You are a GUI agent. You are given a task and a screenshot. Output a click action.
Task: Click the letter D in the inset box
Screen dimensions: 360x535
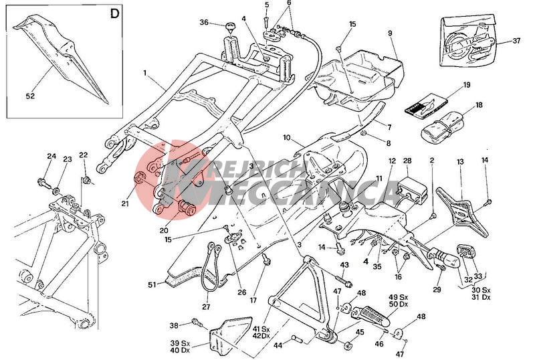coord(114,13)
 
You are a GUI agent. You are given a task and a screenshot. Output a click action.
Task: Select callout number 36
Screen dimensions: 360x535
coord(205,22)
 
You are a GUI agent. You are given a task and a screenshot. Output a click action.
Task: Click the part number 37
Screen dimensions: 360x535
coord(516,40)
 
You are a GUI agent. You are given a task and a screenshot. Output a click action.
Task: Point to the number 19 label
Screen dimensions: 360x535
coord(467,85)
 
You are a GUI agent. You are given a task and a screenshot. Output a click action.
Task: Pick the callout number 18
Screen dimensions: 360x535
coord(478,106)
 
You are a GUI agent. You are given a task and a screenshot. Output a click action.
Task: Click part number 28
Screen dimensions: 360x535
coord(407,161)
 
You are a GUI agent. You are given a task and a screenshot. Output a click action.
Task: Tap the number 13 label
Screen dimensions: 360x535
coord(459,162)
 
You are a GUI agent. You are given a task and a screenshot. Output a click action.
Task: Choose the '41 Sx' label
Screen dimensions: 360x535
coord(260,329)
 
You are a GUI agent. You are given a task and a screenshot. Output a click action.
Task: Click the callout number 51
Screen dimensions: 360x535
coord(152,284)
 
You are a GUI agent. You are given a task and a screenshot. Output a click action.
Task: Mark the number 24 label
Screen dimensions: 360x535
coord(51,157)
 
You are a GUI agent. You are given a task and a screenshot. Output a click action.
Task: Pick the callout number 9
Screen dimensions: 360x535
coord(389,33)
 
